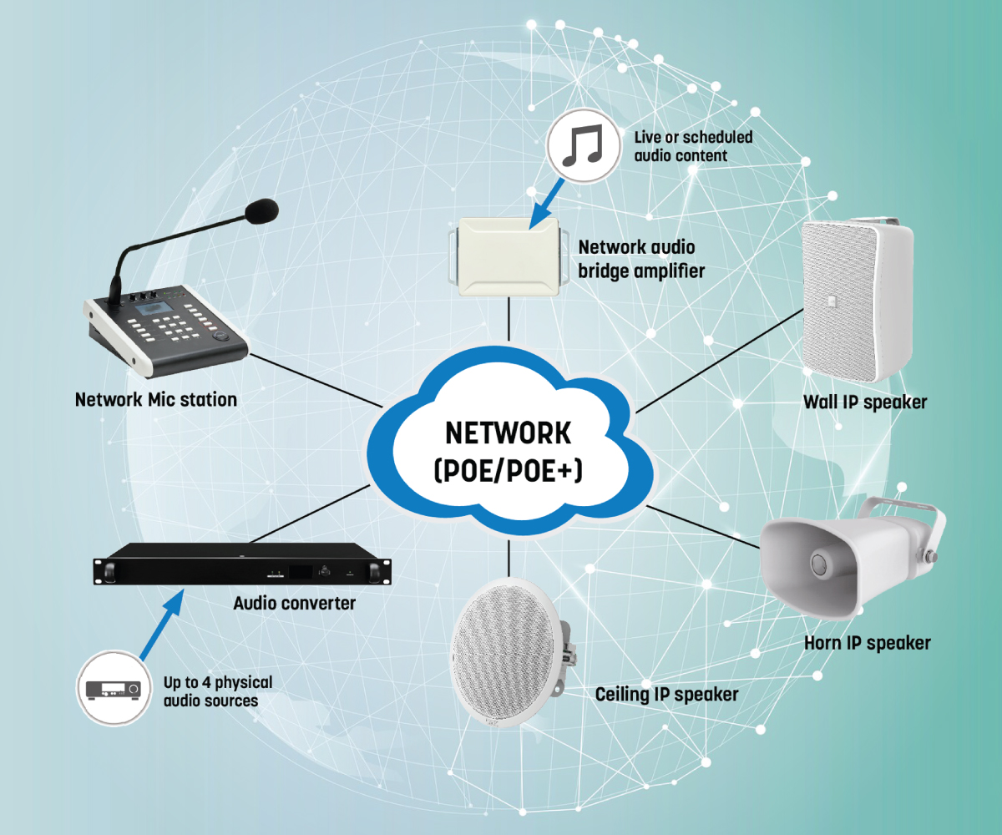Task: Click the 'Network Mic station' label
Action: [156, 400]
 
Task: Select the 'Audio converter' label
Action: [295, 602]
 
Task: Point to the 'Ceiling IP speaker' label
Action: [666, 694]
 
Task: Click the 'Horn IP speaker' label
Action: [867, 643]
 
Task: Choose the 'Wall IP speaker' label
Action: [865, 402]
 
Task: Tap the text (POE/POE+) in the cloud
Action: [508, 470]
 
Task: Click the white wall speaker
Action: [852, 301]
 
